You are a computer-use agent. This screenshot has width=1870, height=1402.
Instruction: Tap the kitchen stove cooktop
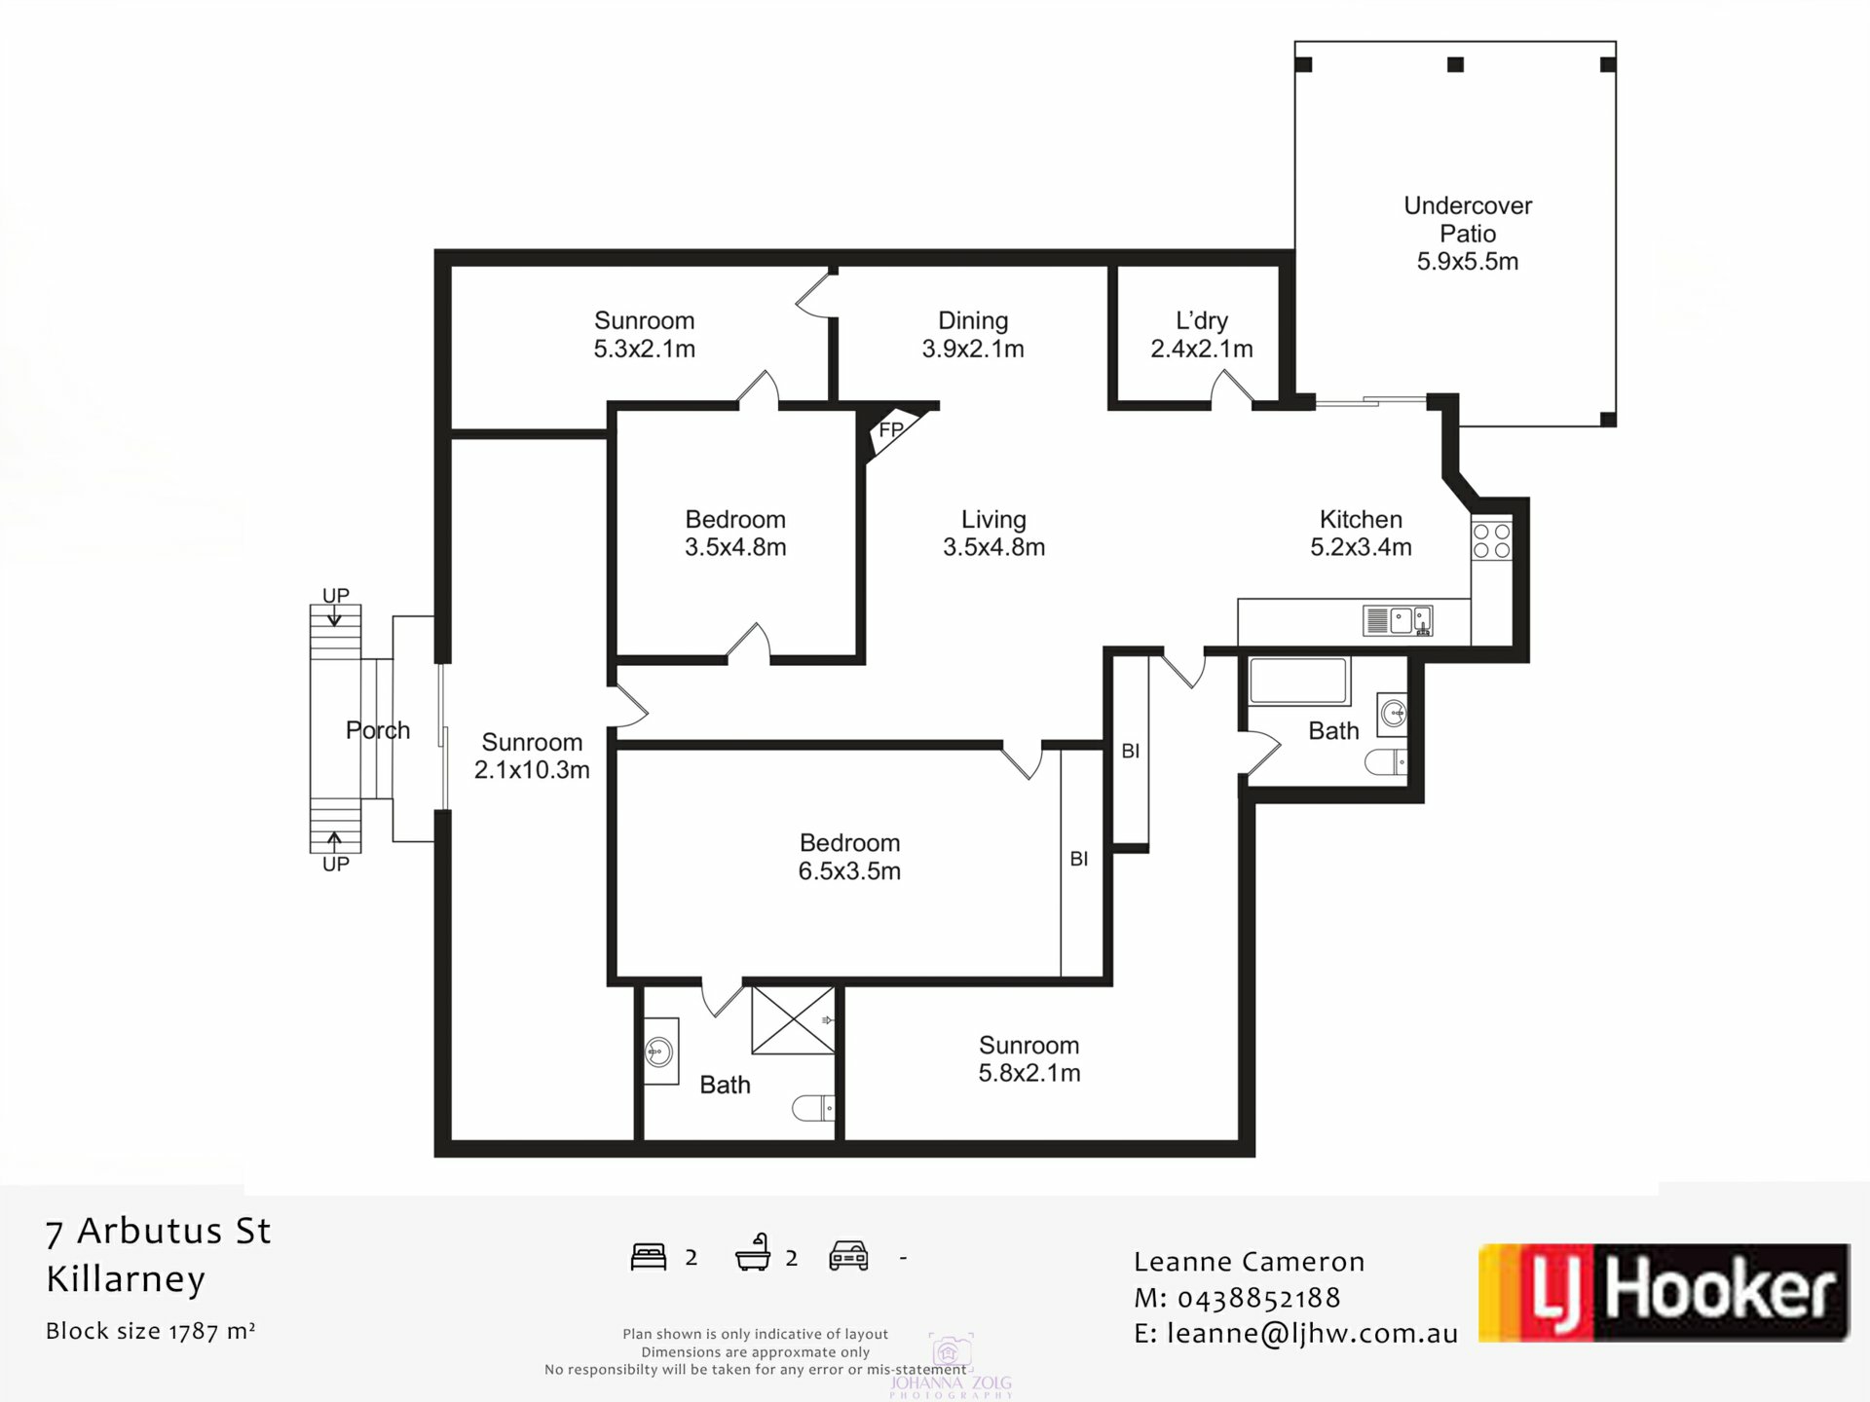[1491, 541]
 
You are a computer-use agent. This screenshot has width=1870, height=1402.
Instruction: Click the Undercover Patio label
[1468, 234]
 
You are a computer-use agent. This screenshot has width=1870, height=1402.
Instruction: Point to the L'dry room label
[1201, 334]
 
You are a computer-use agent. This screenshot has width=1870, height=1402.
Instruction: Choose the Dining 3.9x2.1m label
[973, 334]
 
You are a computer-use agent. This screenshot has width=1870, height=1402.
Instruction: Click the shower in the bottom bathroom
[793, 1020]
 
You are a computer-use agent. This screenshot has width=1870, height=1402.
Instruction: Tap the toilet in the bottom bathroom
[813, 1108]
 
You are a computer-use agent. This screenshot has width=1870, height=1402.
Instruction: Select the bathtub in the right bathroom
[1298, 681]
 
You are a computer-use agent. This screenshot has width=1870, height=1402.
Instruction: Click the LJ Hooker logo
[1663, 1292]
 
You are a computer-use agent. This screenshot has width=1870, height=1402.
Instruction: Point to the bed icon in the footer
[649, 1257]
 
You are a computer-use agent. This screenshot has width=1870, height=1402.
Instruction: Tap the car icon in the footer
[848, 1256]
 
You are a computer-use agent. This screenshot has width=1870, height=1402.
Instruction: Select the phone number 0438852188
[1258, 1298]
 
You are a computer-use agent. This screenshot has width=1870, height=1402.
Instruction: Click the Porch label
[378, 730]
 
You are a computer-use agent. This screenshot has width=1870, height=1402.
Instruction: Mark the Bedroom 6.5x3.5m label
[849, 857]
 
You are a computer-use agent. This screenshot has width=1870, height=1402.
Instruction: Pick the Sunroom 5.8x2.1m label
[1028, 1059]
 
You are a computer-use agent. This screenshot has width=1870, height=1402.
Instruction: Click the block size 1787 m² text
[151, 1331]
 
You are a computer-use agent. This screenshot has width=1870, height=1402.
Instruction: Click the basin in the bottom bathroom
[660, 1051]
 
